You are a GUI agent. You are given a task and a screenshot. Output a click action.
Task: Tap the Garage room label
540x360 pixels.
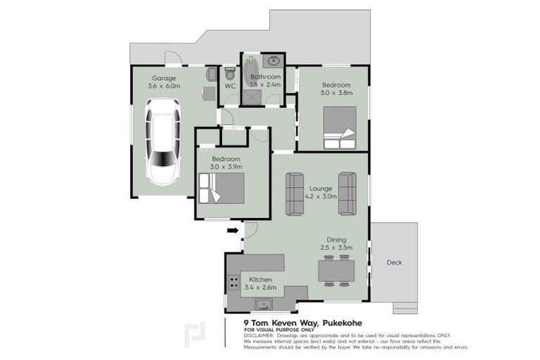(x=164, y=77)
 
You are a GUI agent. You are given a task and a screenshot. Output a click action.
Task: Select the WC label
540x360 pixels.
(x=229, y=86)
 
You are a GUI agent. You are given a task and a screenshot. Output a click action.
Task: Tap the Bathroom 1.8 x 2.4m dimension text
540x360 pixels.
(x=265, y=85)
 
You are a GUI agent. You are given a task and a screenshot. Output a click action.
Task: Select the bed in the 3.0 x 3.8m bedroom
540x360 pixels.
(x=340, y=127)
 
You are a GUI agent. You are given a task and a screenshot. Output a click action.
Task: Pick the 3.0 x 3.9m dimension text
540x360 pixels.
(x=226, y=167)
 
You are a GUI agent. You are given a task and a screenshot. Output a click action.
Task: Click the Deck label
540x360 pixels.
(x=394, y=262)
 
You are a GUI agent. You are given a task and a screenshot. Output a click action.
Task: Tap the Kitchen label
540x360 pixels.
(x=260, y=279)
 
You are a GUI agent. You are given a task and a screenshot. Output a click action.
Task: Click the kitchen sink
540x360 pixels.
(x=264, y=304)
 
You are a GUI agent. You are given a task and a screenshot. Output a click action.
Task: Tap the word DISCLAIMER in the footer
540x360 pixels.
(x=259, y=335)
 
